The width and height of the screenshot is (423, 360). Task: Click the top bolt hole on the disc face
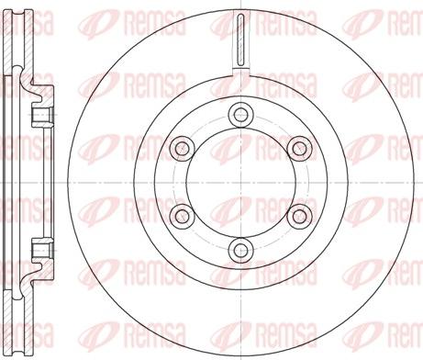click(x=241, y=115)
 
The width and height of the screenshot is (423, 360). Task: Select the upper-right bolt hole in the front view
click(x=300, y=149)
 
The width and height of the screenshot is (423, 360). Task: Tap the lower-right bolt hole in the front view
click(x=300, y=217)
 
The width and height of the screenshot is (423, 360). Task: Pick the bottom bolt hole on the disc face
click(x=241, y=251)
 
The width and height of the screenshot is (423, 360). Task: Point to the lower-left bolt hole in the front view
click(x=183, y=217)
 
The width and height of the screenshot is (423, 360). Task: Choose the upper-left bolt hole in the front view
click(x=183, y=149)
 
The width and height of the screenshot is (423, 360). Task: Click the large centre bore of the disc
click(x=241, y=183)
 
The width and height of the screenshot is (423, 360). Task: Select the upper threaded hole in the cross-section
click(x=43, y=116)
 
